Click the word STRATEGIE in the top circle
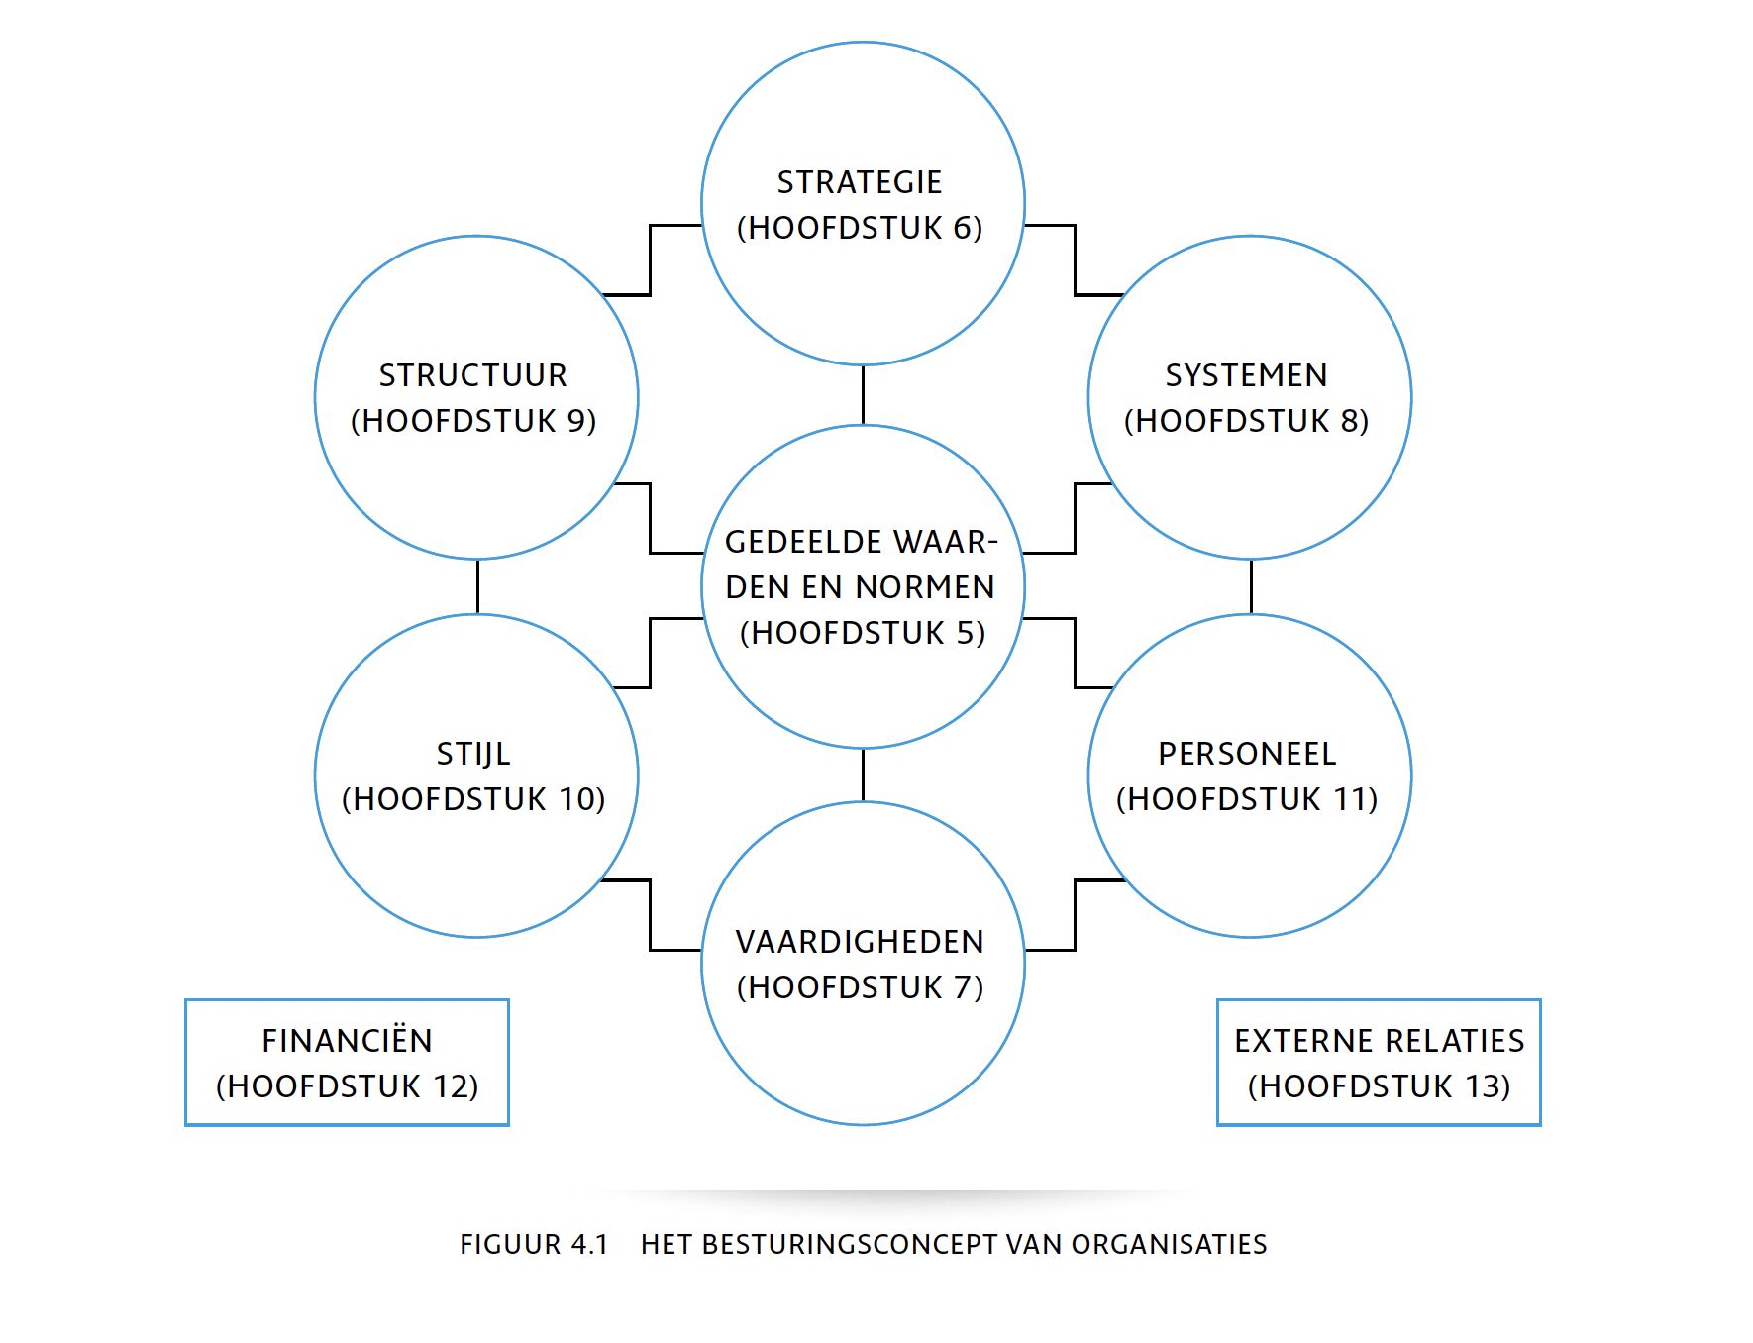click(x=859, y=182)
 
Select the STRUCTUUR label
click(x=473, y=375)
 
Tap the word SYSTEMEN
click(x=1246, y=375)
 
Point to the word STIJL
click(x=473, y=754)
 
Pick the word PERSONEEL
click(x=1247, y=754)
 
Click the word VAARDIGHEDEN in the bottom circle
click(x=860, y=942)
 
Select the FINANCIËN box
click(x=347, y=1062)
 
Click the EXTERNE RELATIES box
click(x=1379, y=1062)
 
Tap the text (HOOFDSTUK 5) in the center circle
click(x=863, y=633)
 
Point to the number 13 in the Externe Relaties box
click(x=1487, y=1086)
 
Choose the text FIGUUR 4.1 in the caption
click(x=534, y=1244)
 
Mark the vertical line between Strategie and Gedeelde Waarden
click(x=863, y=394)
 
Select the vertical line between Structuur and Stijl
click(x=477, y=586)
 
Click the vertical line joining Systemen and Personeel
click(x=1251, y=586)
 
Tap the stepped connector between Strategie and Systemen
click(x=1075, y=259)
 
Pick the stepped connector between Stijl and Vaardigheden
click(x=650, y=915)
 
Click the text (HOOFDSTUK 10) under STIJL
click(x=473, y=799)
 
